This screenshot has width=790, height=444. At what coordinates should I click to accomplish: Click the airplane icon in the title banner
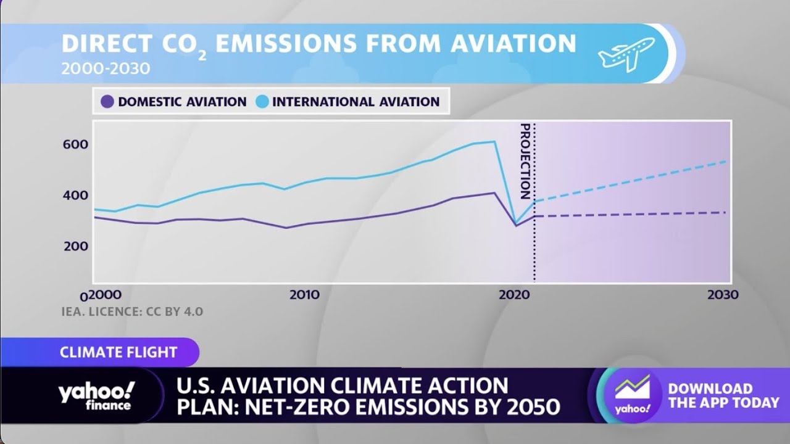(x=626, y=54)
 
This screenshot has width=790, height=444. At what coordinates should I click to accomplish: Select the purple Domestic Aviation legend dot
(x=107, y=102)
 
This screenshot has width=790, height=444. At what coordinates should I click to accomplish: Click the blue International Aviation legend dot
(x=262, y=102)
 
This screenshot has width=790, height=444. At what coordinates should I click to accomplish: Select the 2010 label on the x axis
(x=304, y=295)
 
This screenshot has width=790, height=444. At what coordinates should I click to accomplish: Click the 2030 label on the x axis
(x=722, y=295)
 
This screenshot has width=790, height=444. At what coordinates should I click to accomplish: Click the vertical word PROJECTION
(x=525, y=161)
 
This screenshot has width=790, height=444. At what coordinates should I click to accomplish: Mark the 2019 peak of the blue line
(x=494, y=142)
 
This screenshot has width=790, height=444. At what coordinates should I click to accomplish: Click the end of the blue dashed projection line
(x=725, y=162)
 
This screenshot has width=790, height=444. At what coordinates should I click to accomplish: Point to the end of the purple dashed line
(x=725, y=212)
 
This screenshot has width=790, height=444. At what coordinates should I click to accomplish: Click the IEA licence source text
(x=132, y=312)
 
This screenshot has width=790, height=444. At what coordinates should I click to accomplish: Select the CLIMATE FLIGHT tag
(x=118, y=353)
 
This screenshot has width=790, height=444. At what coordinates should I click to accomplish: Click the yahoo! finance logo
(x=96, y=395)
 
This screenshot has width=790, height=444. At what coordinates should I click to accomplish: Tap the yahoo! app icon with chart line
(x=632, y=395)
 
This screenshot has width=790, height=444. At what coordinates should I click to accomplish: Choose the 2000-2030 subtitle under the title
(x=106, y=68)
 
